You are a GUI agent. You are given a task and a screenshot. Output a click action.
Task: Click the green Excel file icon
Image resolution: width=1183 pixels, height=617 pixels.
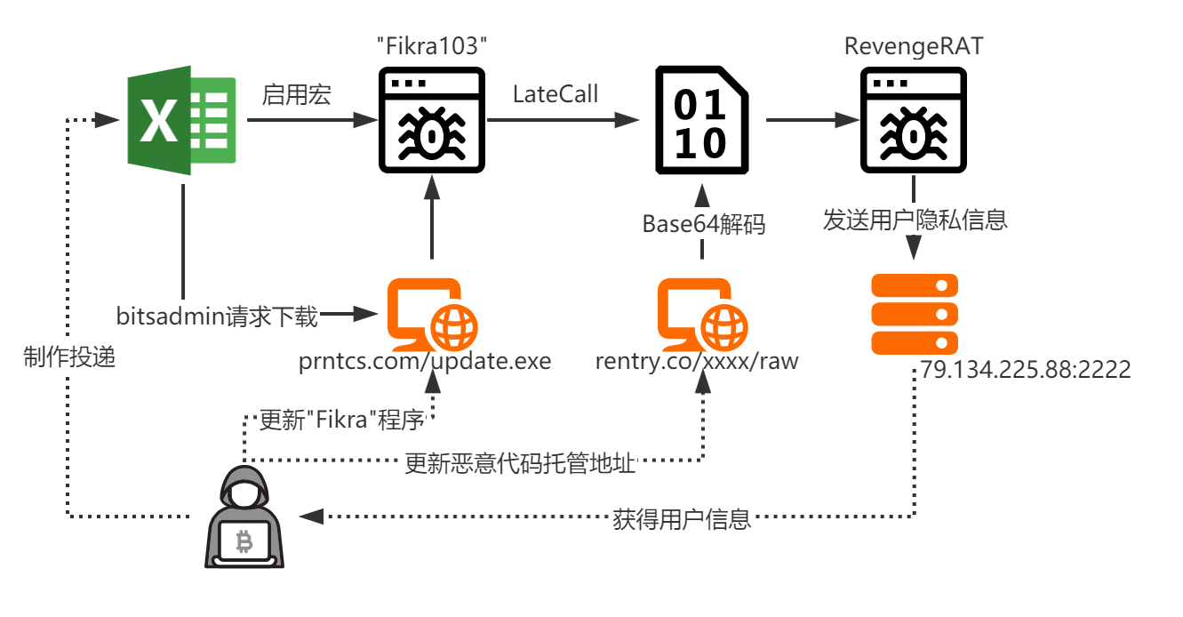coord(181,120)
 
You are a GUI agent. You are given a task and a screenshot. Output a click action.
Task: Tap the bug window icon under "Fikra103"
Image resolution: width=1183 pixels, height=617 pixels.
coord(431,120)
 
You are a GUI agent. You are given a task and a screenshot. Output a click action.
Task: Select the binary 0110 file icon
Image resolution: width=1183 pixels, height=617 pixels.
coord(702,120)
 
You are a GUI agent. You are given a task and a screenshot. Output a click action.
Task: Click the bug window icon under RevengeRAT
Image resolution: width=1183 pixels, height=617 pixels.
coord(913,120)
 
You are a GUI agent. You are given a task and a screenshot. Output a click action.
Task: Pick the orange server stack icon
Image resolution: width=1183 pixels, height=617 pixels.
coord(915,315)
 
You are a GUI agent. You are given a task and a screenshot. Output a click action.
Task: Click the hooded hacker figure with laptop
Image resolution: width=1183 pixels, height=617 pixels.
coord(244,517)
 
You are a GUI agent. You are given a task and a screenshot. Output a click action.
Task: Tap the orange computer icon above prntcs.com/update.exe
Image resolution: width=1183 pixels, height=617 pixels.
coord(432,315)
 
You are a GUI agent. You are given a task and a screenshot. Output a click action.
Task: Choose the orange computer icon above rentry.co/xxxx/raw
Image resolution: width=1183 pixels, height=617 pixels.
coord(702,315)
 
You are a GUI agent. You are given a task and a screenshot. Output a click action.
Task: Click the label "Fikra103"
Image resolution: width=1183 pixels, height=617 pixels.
coord(431,46)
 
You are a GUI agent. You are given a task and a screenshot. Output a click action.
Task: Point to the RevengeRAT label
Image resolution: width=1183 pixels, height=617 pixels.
coord(914,46)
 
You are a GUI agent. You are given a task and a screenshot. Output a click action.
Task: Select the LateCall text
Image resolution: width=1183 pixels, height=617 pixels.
coord(556,94)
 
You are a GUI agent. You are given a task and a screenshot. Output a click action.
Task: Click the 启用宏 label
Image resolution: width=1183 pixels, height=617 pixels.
coord(296,95)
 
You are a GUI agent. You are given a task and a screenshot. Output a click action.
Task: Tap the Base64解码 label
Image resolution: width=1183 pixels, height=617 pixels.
coord(703,224)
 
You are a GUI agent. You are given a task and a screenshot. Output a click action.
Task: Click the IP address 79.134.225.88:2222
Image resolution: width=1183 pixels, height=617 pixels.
coord(1025,369)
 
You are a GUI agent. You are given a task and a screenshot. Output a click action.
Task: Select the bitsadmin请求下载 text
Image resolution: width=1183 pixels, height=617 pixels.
coord(217,317)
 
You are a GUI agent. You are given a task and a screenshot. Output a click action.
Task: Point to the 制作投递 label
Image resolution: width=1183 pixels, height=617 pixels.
coord(69,357)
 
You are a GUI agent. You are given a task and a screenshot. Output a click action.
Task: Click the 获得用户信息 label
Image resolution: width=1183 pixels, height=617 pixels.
coord(682,519)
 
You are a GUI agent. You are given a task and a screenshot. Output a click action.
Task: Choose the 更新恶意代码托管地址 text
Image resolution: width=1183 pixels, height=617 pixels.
coord(520,463)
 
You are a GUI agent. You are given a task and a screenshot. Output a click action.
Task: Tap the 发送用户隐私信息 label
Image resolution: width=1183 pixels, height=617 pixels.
coord(915,220)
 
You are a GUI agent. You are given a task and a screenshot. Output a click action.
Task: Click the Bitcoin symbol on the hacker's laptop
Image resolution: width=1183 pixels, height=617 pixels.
coord(244,541)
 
